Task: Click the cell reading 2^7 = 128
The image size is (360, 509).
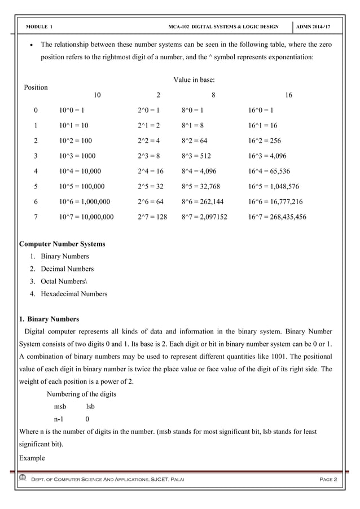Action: (x=152, y=216)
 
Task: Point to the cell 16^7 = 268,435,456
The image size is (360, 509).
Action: (x=277, y=216)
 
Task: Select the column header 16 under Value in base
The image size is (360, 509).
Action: (x=288, y=95)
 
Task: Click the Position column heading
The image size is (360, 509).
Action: (x=35, y=87)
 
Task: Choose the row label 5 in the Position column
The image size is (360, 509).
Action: (x=36, y=186)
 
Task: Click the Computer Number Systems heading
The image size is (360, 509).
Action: (x=62, y=244)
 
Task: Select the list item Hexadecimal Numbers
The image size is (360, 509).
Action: (x=74, y=293)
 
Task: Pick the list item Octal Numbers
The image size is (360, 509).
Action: (x=64, y=281)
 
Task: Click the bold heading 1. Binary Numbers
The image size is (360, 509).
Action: (x=49, y=319)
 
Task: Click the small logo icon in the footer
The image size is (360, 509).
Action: (x=23, y=479)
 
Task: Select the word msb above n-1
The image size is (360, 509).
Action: (x=60, y=406)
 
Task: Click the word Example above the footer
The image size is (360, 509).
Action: (x=32, y=457)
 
